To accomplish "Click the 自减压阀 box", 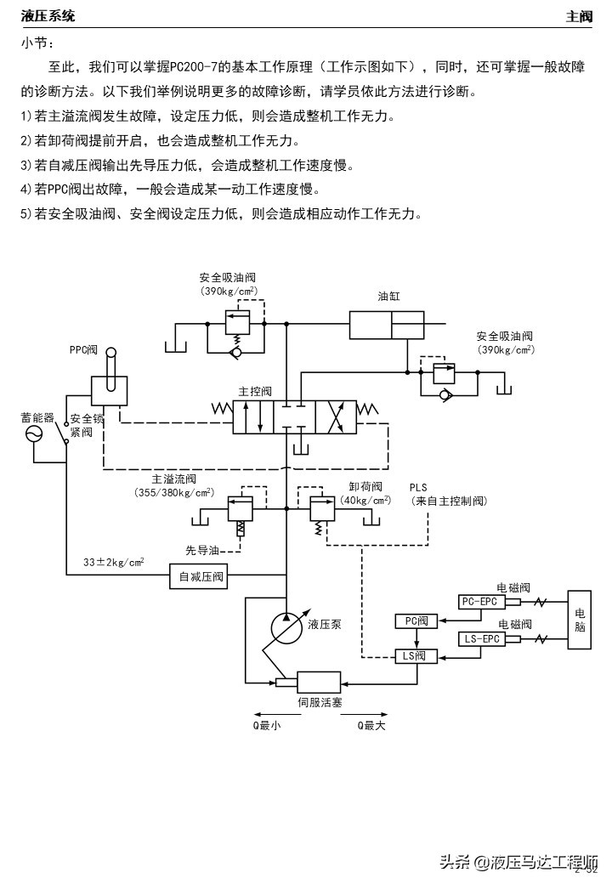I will (201, 577).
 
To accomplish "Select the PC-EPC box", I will (480, 602).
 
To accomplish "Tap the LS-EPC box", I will (481, 639).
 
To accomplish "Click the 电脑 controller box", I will (580, 620).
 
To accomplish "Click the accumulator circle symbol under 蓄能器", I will (34, 433).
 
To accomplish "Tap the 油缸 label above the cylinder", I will (388, 297).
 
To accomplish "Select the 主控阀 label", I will (255, 391).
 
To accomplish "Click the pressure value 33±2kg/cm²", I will (113, 562).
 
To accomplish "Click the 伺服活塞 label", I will (319, 702).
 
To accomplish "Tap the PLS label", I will (418, 487).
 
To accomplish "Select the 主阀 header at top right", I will (579, 16).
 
